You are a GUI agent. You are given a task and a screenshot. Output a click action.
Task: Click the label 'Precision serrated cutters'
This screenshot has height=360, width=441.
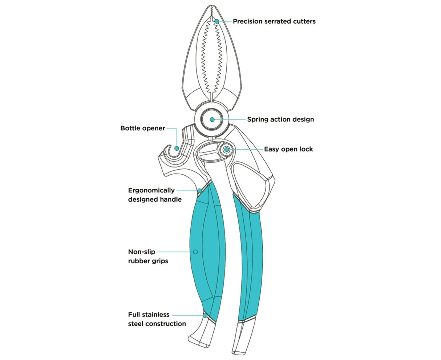pyautogui.click(x=274, y=21)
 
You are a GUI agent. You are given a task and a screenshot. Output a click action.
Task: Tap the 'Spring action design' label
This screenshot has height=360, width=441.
pyautogui.click(x=280, y=119)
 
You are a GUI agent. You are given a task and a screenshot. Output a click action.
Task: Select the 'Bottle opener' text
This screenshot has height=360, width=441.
pyautogui.click(x=142, y=128)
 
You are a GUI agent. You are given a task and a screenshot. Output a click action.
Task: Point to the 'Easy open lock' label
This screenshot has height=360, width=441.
pyautogui.click(x=288, y=149)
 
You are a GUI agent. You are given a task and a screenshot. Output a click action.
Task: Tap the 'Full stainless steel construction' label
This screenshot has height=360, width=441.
pyautogui.click(x=157, y=319)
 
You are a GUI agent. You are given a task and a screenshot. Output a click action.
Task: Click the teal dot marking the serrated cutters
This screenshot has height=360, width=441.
pyautogui.click(x=217, y=21)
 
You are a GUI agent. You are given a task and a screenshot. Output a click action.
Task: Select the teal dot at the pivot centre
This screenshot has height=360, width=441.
pyautogui.click(x=212, y=119)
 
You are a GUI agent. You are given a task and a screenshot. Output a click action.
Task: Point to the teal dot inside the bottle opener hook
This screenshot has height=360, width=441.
pyautogui.click(x=176, y=148)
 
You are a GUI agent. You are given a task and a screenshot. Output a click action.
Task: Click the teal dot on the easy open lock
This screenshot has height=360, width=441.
pyautogui.click(x=227, y=149)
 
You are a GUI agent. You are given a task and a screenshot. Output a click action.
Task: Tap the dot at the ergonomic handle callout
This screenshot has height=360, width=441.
pyautogui.click(x=199, y=190)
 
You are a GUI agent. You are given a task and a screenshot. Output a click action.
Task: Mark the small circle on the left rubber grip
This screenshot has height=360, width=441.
pyautogui.click(x=195, y=251)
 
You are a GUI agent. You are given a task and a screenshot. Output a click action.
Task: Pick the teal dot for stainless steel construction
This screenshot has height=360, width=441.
pyautogui.click(x=205, y=316)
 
